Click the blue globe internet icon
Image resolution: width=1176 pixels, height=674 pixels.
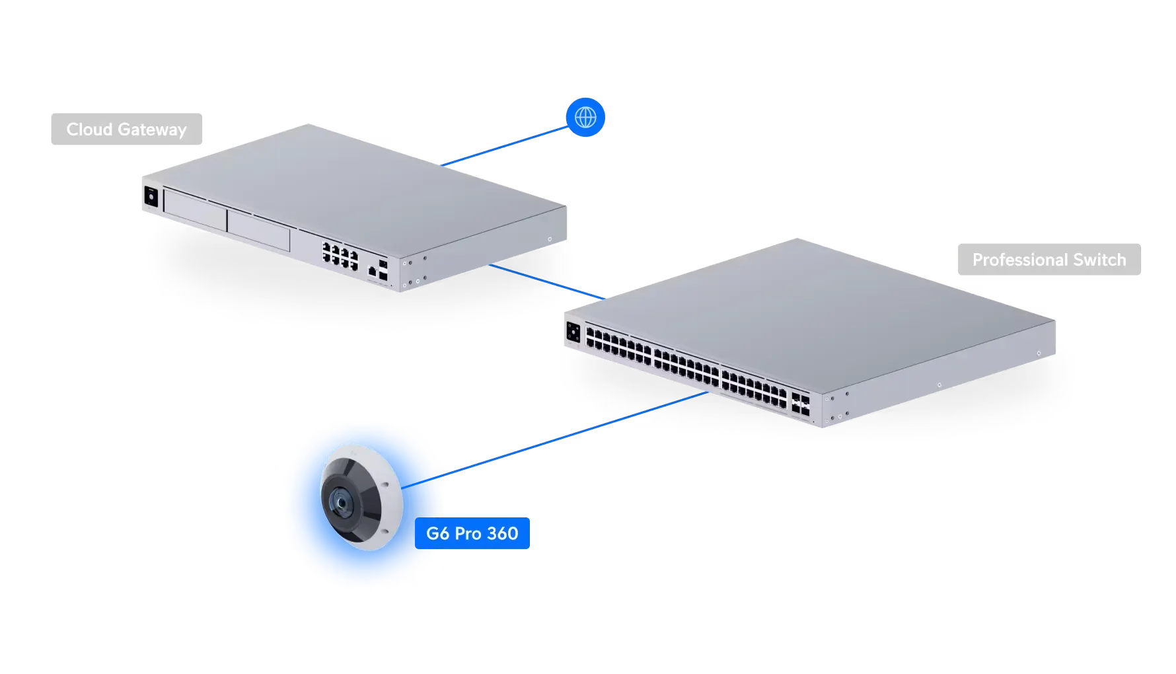[x=585, y=117]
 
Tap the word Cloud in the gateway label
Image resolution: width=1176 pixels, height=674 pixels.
[x=89, y=130]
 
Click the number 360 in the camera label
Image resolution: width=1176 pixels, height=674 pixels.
[x=503, y=533]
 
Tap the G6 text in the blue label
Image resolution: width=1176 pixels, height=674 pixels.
[x=438, y=533]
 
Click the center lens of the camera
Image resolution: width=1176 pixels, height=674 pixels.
[x=341, y=503]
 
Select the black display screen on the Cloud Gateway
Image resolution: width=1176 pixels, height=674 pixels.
[x=151, y=197]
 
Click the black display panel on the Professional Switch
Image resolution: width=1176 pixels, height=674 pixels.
[x=573, y=332]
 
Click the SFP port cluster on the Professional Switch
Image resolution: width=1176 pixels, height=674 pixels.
[x=800, y=404]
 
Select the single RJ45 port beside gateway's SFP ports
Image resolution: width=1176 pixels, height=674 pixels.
[x=372, y=270]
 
